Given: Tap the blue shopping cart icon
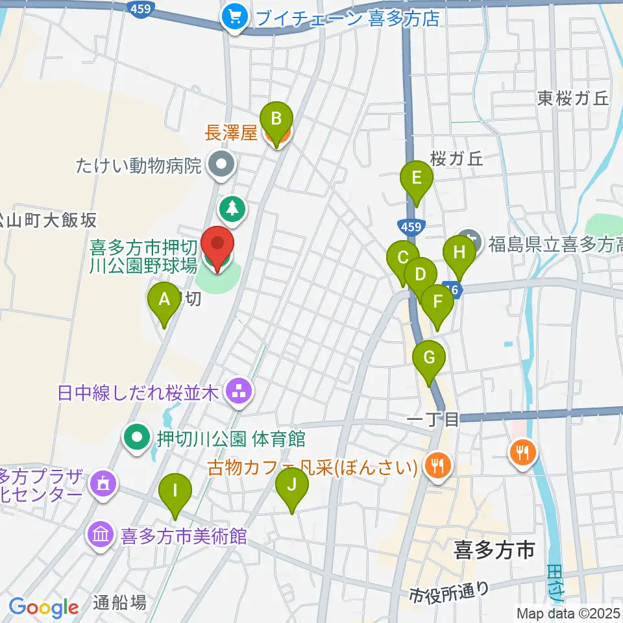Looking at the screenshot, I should point(233,17).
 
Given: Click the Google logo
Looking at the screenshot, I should point(43,607).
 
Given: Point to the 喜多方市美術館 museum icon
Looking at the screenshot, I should point(101,537).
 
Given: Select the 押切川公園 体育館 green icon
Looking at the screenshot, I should point(137,439).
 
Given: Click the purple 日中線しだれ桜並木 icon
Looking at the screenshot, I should point(238,392).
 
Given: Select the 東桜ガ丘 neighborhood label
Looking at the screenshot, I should point(573,98).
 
